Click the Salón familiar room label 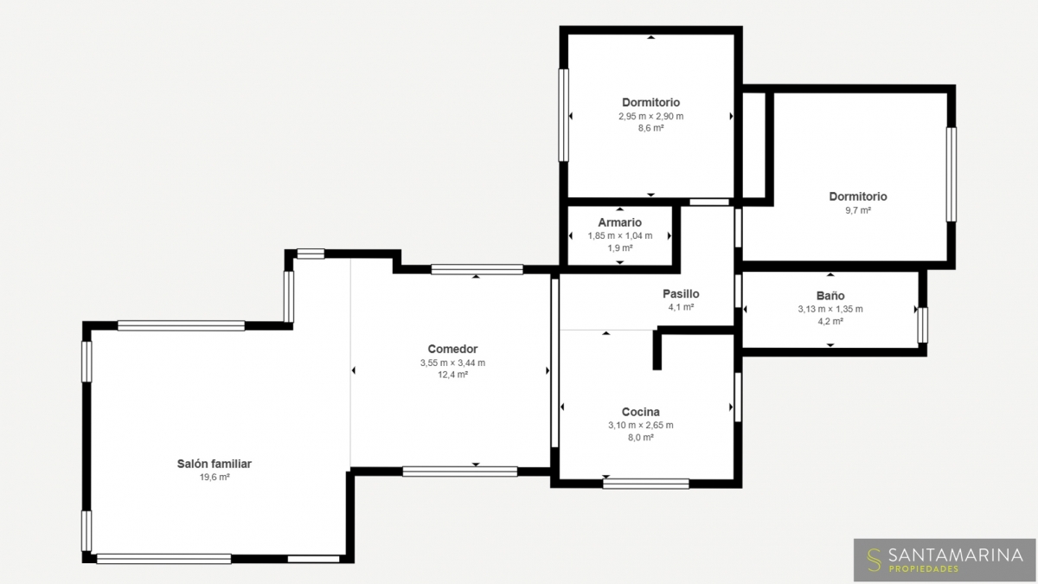pos(215,464)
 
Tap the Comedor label pos(452,349)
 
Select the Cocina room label pos(640,412)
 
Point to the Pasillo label pos(681,293)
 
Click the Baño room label pos(830,295)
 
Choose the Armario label pos(619,222)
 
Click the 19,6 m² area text pos(215,477)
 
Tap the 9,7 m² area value pos(858,210)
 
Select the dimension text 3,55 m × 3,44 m pos(452,363)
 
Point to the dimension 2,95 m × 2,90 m pos(650,116)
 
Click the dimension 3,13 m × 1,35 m pos(830,309)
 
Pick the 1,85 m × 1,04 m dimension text pos(620,235)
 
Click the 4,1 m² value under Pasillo pos(681,307)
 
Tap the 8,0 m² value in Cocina pos(641,437)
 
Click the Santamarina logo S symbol pos(874,560)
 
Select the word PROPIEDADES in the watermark pos(923,568)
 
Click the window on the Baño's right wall pos(923,325)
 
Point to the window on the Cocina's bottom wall pos(645,484)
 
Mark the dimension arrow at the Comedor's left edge pos(353,370)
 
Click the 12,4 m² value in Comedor pos(452,375)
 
